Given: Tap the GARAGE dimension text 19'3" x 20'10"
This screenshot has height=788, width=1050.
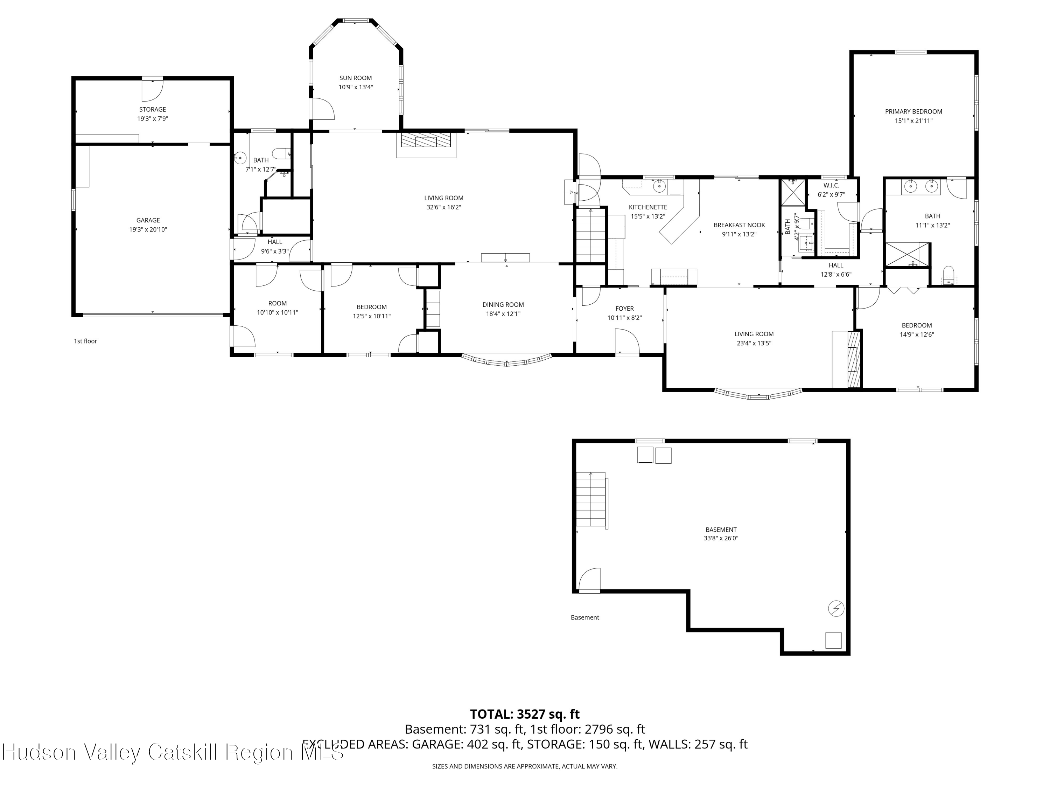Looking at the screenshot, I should tap(148, 229).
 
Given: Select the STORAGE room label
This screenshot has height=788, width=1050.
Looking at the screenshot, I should tap(152, 109).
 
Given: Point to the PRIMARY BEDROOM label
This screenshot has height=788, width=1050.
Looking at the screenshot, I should tap(913, 112).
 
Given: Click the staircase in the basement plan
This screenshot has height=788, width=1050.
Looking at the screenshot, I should tap(591, 500).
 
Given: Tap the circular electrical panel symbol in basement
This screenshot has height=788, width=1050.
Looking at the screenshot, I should tap(836, 608).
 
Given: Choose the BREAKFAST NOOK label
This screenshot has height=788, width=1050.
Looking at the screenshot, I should tap(739, 225).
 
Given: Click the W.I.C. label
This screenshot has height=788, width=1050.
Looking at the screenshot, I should tap(831, 185).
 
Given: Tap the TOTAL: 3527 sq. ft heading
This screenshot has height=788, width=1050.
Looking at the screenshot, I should tap(525, 714).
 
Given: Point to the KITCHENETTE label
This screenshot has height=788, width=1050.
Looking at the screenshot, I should tap(647, 207).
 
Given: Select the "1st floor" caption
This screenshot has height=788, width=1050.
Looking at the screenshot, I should tap(85, 341).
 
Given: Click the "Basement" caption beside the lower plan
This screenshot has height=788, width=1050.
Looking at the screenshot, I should tap(585, 617).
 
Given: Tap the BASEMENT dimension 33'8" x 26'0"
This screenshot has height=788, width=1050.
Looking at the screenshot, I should tap(721, 538).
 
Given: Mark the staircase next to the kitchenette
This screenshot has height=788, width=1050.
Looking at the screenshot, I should tap(591, 235).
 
